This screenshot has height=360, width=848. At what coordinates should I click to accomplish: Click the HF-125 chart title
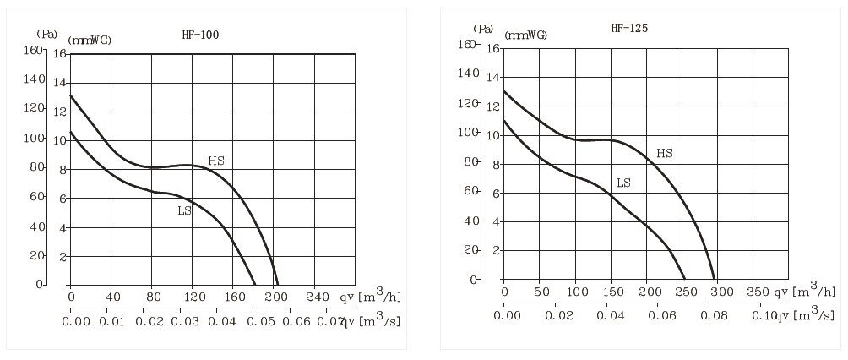[629, 29]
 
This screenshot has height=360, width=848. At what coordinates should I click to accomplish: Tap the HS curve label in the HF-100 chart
[216, 161]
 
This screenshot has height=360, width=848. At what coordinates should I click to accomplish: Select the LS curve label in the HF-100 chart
[185, 211]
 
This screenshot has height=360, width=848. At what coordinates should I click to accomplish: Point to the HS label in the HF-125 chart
[665, 154]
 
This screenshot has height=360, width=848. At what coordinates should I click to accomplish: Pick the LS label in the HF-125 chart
[624, 183]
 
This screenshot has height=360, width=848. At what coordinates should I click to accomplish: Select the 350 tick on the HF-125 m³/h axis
[756, 292]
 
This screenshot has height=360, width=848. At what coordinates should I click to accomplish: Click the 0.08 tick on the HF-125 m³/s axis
[715, 315]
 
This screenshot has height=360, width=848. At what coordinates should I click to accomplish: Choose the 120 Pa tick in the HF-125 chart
[466, 103]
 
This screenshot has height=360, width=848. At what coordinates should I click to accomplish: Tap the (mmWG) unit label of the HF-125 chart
[525, 35]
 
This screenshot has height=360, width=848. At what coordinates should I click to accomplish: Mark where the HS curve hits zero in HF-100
[277, 284]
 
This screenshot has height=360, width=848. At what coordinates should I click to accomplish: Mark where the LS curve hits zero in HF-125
[684, 278]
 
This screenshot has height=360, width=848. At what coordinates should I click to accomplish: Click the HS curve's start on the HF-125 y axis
[504, 90]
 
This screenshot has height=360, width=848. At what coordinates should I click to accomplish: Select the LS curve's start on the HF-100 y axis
[70, 131]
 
